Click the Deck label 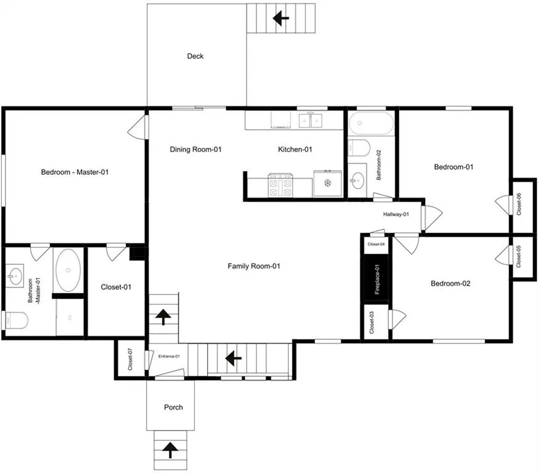tap(195, 56)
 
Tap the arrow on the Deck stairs tap(280, 18)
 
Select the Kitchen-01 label tap(295, 149)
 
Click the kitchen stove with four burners tap(280, 185)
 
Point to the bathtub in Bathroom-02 tap(371, 123)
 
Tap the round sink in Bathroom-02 tap(357, 180)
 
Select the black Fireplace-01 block tap(376, 279)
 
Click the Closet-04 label tap(376, 245)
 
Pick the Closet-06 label tap(519, 204)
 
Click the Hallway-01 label tap(396, 214)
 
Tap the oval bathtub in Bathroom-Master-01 tap(68, 270)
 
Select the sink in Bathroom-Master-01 tap(15, 275)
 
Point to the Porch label tap(173, 407)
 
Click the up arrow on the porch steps tap(170, 450)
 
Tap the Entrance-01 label tap(169, 357)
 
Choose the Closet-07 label tap(130, 359)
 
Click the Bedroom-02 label tap(450, 283)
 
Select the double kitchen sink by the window tap(311, 120)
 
